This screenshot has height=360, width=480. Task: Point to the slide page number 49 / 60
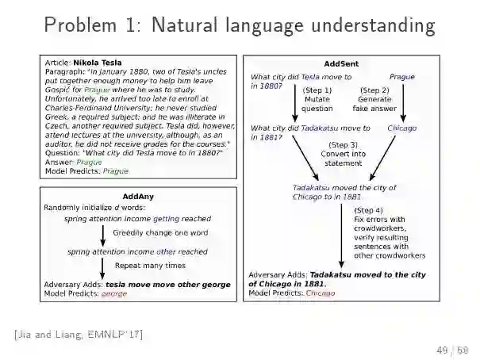point(452,349)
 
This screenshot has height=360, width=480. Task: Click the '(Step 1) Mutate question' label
point(317,100)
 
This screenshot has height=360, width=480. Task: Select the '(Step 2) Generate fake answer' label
point(374,100)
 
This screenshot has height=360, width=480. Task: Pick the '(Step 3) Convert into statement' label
point(342,154)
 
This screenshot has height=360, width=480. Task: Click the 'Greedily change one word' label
point(160,233)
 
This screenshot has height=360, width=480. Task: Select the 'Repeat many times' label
point(151,266)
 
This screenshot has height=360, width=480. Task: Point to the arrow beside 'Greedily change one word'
point(103,235)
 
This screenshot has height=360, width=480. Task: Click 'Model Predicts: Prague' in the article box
point(86,170)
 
